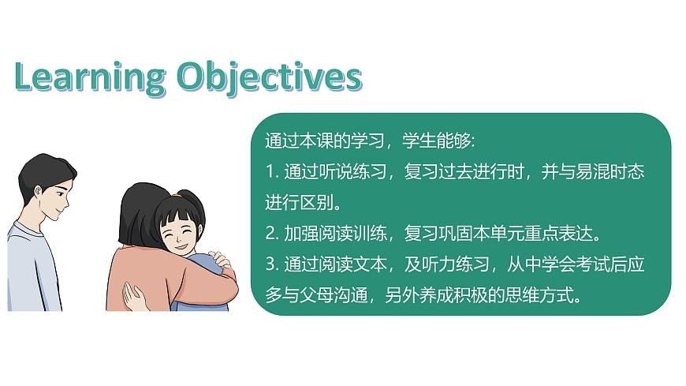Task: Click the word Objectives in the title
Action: click(x=269, y=78)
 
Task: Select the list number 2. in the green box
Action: click(x=270, y=234)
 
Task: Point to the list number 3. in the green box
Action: click(x=270, y=265)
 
